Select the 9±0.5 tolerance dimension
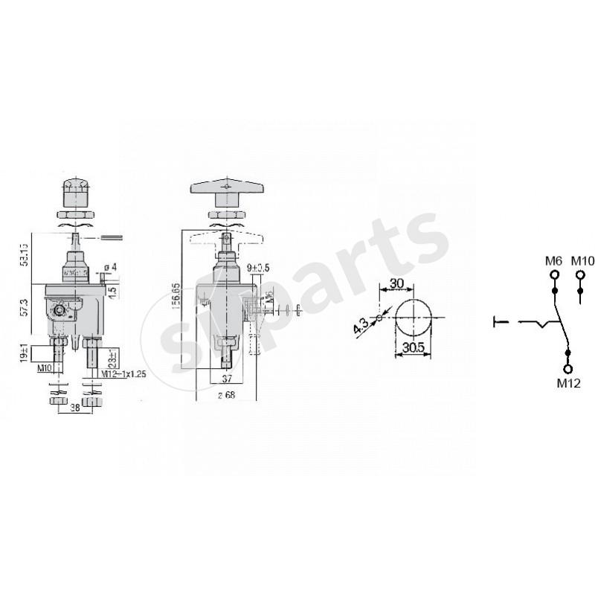pos(259,268)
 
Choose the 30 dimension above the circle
pos(396,283)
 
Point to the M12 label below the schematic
pos(568,384)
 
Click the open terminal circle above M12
pos(568,369)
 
